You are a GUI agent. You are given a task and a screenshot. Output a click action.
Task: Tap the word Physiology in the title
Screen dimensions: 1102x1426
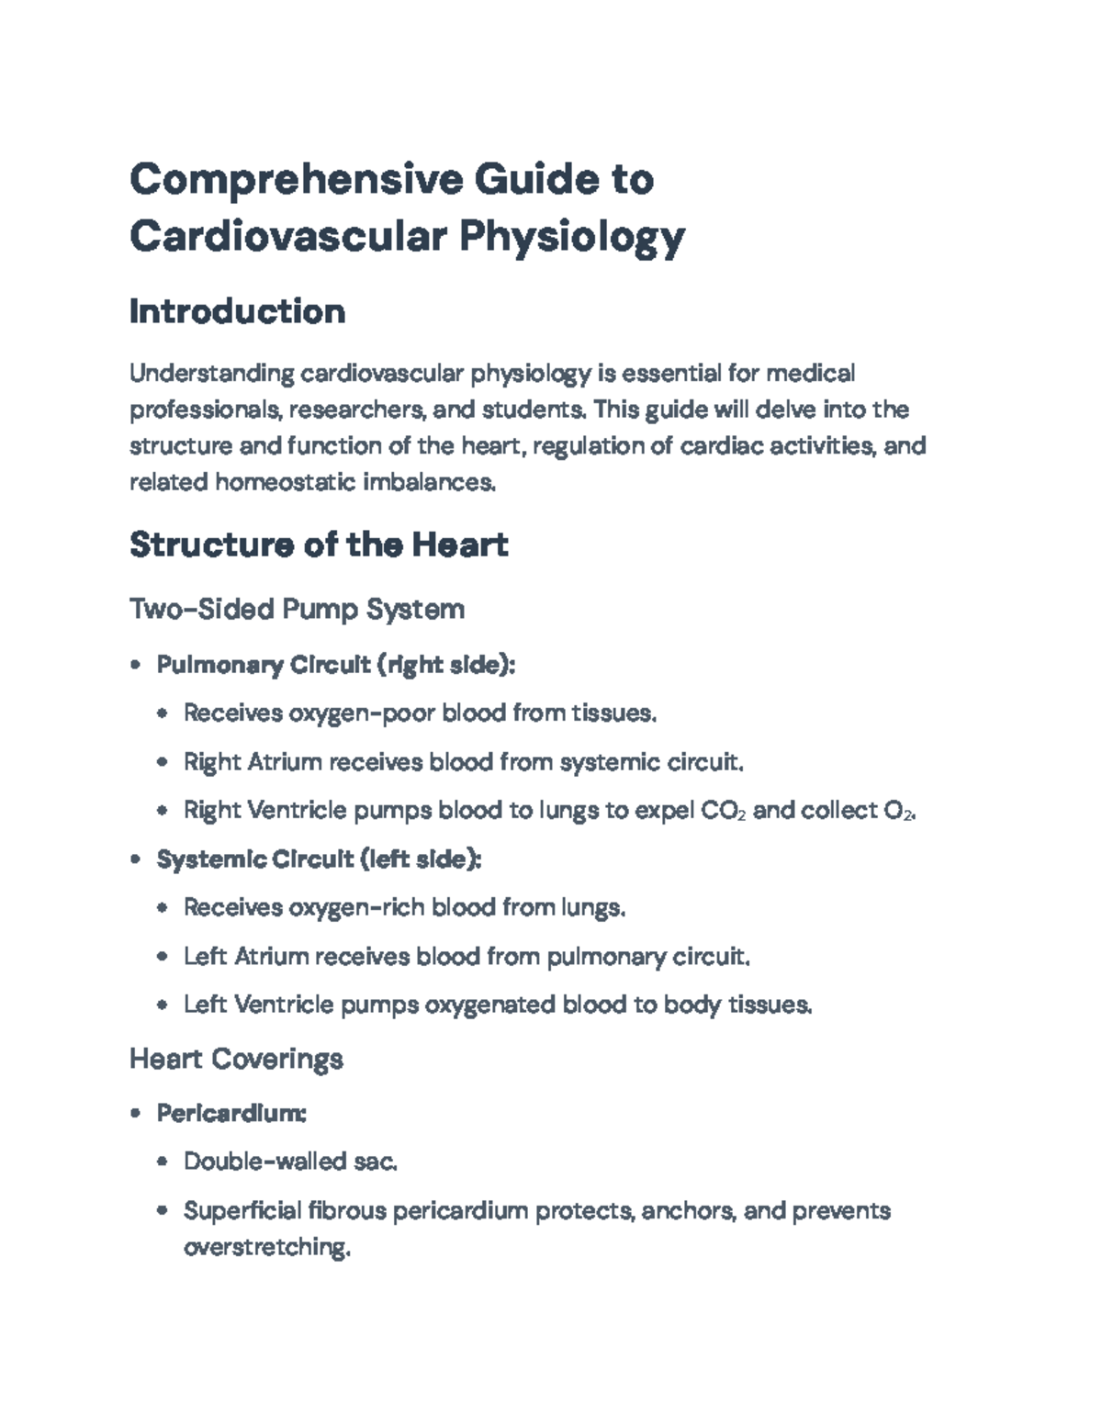(571, 237)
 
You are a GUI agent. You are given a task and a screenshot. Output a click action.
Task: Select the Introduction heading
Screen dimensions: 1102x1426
(237, 312)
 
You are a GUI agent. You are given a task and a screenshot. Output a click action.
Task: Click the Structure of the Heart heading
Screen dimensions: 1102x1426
(319, 545)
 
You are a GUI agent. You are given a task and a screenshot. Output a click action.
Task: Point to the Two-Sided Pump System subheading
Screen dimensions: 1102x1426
(297, 609)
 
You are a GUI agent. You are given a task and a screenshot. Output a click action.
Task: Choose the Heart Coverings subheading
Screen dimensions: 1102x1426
(236, 1059)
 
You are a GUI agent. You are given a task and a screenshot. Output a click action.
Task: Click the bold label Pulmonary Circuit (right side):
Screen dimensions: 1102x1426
(336, 665)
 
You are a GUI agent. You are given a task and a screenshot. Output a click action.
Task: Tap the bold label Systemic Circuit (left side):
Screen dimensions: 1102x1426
(319, 859)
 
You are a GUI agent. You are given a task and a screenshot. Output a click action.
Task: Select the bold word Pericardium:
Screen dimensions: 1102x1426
(231, 1114)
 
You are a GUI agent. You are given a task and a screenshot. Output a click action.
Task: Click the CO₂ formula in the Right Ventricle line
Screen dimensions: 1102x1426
(723, 811)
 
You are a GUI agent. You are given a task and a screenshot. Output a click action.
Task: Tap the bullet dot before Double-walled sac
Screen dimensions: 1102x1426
(163, 1162)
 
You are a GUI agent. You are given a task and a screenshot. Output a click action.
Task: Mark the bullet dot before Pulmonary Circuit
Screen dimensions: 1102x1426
(136, 665)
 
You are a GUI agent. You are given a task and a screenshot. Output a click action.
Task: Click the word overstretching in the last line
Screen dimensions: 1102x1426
(266, 1248)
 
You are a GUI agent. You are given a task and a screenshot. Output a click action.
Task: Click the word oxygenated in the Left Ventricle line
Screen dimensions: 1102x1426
(489, 1005)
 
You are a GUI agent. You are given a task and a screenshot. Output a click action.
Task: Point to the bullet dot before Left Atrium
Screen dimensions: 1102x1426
(163, 957)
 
